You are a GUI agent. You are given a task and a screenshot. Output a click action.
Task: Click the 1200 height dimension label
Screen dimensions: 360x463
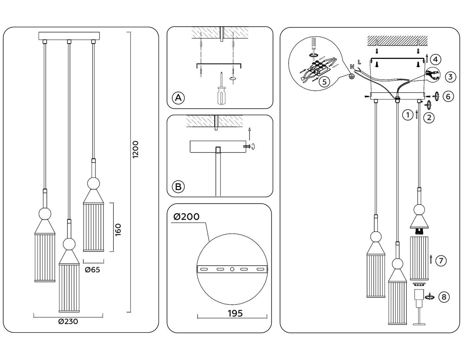coord(136,150)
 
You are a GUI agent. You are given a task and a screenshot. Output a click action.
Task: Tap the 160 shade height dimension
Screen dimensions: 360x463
coord(118,230)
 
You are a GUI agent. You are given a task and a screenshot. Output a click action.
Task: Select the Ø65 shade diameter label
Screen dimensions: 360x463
coord(92,270)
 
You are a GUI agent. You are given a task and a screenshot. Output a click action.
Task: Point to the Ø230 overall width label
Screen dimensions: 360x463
coord(68,321)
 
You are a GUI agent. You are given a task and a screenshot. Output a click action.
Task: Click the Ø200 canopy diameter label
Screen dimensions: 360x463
coord(187,217)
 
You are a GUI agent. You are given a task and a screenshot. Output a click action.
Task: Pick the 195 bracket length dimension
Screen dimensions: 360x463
coord(235,313)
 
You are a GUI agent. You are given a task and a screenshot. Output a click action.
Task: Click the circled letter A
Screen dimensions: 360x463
coord(178,98)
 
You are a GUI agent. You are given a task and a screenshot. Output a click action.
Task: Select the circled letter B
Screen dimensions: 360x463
coord(178,187)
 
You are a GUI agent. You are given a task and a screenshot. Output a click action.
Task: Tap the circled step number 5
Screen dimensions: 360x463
coord(324,81)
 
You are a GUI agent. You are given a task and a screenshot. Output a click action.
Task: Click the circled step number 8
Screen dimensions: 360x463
coord(444,297)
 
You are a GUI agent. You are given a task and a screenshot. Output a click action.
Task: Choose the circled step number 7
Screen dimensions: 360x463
coord(441,261)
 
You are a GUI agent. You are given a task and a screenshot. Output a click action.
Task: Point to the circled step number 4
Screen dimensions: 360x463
coord(436,60)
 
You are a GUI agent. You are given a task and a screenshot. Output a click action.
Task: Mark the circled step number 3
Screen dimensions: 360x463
coord(450,77)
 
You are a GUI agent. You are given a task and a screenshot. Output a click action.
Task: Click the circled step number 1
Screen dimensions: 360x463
coord(408,115)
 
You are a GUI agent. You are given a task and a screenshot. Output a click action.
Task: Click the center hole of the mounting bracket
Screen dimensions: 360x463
coord(232,269)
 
